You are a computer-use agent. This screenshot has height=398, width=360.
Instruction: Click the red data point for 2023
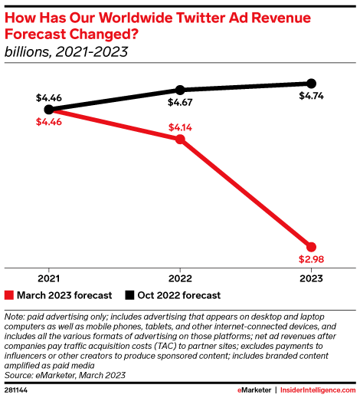(x=311, y=242)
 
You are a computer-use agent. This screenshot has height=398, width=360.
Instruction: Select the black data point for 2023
(x=311, y=83)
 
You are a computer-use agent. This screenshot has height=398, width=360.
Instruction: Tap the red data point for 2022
(x=180, y=139)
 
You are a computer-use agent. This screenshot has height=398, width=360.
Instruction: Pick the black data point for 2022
(x=180, y=90)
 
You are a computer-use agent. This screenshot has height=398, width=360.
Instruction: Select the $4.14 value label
(x=180, y=125)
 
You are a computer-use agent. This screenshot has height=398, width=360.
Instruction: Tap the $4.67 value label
(x=180, y=104)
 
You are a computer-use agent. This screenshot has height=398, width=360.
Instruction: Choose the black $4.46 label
(x=48, y=97)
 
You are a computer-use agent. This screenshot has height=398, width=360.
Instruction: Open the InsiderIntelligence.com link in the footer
(x=318, y=390)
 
